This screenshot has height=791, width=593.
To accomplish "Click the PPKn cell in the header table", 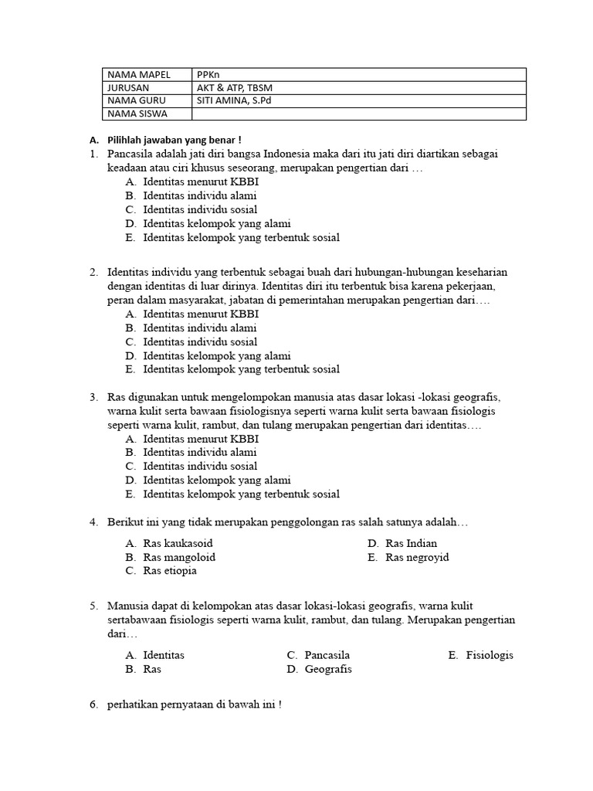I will [208, 74].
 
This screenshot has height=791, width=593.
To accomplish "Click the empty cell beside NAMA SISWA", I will [359, 114].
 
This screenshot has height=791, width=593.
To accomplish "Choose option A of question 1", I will [200, 182].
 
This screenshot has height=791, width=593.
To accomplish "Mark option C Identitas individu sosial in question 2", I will [200, 341].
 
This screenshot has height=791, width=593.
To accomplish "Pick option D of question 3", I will [216, 480].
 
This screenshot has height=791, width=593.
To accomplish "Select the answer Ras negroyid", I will [417, 557].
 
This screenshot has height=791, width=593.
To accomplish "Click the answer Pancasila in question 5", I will [327, 655].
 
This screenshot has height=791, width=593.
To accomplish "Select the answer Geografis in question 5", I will [328, 669].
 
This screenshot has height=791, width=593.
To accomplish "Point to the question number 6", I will [93, 704].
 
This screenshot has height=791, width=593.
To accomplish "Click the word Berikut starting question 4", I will [126, 522].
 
